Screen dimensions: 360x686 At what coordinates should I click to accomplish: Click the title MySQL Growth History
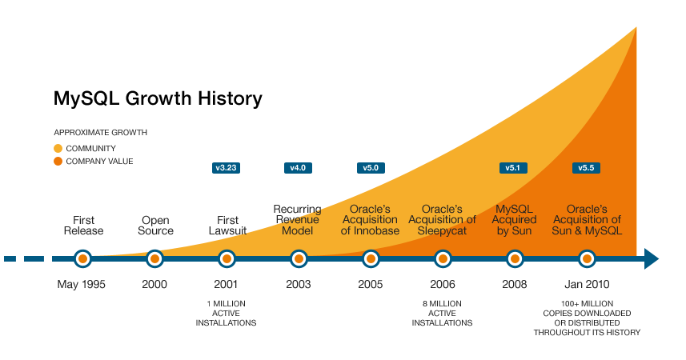(158, 98)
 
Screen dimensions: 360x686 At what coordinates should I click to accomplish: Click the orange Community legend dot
(58, 148)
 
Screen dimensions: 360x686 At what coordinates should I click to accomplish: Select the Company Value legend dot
(58, 161)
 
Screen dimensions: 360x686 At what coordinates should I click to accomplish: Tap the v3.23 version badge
(227, 168)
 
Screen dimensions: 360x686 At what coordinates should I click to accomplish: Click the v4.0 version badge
(299, 168)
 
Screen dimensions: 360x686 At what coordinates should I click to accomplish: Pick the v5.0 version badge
(371, 168)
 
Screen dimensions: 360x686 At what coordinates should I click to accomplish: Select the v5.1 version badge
(514, 168)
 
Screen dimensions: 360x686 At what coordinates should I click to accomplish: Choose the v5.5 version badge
(587, 168)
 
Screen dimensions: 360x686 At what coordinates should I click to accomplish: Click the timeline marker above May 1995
(82, 258)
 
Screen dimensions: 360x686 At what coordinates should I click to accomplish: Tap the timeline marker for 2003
(299, 258)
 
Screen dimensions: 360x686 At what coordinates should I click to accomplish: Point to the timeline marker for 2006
(443, 258)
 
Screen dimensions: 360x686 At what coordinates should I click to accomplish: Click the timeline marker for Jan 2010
(587, 258)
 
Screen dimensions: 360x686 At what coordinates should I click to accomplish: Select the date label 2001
(227, 285)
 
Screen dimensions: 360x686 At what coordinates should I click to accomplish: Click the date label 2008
(514, 285)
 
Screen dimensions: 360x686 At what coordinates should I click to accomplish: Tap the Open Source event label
(155, 225)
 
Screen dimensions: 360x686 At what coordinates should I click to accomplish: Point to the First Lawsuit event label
(227, 225)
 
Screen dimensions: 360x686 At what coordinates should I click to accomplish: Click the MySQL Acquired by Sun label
(514, 219)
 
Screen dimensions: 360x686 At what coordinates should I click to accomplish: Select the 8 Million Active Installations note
(442, 313)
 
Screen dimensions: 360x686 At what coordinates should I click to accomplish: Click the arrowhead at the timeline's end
(650, 258)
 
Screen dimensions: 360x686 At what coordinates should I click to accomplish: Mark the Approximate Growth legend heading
(100, 132)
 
